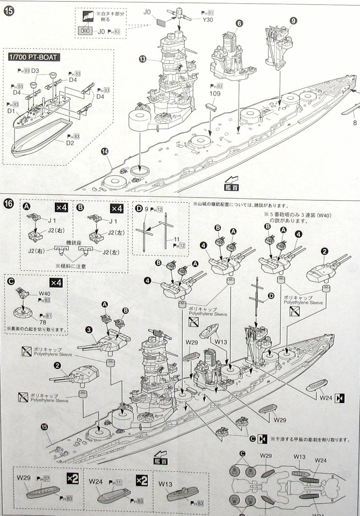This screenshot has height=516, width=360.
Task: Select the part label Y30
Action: pyautogui.click(x=208, y=20)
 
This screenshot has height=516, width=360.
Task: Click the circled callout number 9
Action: pyautogui.click(x=293, y=21)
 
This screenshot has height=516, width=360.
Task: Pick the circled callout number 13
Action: pyautogui.click(x=143, y=60)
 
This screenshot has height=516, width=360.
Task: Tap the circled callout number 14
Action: pyautogui.click(x=104, y=152)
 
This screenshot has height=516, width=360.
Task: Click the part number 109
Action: pyautogui.click(x=215, y=94)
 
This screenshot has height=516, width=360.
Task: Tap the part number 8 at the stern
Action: pyautogui.click(x=354, y=123)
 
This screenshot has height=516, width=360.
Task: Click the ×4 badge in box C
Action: pyautogui.click(x=59, y=283)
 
